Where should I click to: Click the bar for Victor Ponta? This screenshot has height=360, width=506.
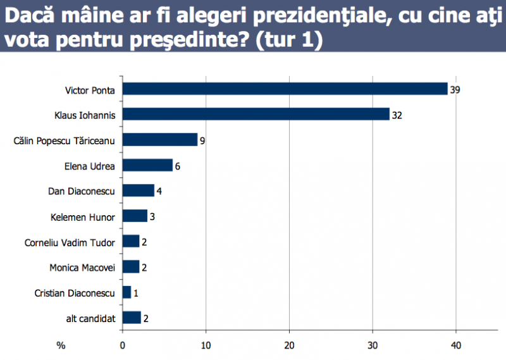point(285,89)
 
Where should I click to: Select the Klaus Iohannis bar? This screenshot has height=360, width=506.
point(256,115)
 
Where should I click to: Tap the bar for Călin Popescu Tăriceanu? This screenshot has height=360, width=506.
point(159,140)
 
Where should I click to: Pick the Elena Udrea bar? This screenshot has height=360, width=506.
point(147,165)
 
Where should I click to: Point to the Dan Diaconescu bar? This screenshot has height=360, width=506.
point(138,190)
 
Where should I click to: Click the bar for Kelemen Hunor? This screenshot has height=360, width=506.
point(134,216)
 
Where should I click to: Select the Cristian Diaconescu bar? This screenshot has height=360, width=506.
point(126,292)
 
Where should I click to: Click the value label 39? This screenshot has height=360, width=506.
point(455,90)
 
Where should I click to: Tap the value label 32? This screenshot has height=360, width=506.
point(397,115)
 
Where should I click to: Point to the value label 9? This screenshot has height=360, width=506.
point(202,140)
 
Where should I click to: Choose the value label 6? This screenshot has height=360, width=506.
point(178,166)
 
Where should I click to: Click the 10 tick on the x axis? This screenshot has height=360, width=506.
point(206,346)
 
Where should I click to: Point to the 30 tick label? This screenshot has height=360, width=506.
point(373,346)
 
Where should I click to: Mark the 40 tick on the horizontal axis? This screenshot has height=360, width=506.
point(456,346)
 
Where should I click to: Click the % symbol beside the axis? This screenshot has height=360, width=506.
point(61,346)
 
